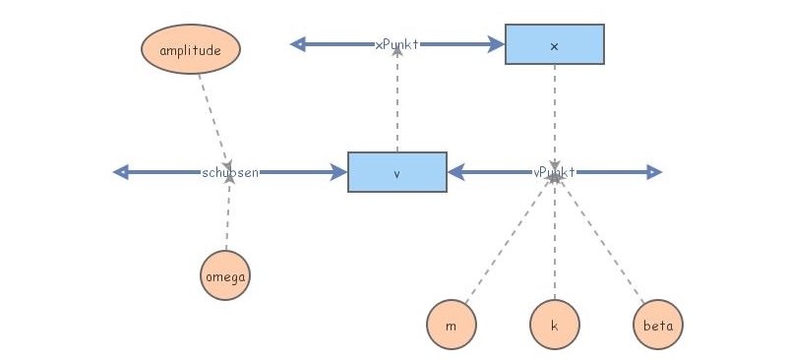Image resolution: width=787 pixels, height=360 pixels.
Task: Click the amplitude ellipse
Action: [191, 49]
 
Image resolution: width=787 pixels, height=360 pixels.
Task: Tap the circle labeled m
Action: [452, 324]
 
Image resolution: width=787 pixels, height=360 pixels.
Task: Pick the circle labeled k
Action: [555, 324]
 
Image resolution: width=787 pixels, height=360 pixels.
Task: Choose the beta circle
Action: [658, 324]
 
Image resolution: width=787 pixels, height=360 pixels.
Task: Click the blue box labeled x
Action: [555, 44]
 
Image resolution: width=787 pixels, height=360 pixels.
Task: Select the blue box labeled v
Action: [397, 172]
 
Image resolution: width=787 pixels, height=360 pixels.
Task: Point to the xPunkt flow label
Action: [397, 44]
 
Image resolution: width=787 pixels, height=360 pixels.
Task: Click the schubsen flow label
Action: [230, 172]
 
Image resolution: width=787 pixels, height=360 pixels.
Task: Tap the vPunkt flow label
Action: [554, 172]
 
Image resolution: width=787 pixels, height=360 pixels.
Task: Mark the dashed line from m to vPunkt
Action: [502, 246]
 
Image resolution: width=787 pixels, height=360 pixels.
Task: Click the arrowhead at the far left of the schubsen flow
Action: [121, 172]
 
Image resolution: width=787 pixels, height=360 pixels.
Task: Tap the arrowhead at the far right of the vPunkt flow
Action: [655, 172]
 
